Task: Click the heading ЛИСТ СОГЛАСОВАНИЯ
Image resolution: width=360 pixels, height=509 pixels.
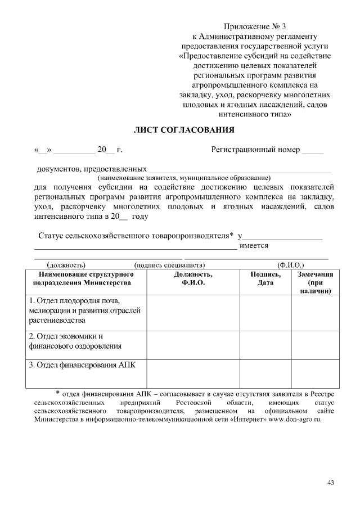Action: coord(183,130)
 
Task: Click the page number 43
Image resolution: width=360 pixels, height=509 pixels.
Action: coord(330,483)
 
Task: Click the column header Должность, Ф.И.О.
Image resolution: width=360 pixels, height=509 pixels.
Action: coord(193,278)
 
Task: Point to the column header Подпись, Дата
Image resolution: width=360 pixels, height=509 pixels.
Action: coord(265,278)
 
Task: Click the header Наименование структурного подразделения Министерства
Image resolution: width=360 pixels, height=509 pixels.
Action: coord(85,278)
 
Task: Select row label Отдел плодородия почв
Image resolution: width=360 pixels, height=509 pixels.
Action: coord(84,310)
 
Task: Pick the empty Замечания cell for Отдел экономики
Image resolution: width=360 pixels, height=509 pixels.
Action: coord(315,342)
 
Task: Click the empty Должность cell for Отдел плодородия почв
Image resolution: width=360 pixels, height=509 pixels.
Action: coord(193,311)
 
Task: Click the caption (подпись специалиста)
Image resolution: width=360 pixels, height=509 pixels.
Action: coord(169,264)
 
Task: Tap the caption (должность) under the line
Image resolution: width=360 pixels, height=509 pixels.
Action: coord(66,264)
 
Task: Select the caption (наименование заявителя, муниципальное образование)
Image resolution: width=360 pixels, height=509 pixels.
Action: coord(184,177)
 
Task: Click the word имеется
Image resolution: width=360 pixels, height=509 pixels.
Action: coord(254,245)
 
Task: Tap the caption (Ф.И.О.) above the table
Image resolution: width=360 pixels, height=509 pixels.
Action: coord(290,264)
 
